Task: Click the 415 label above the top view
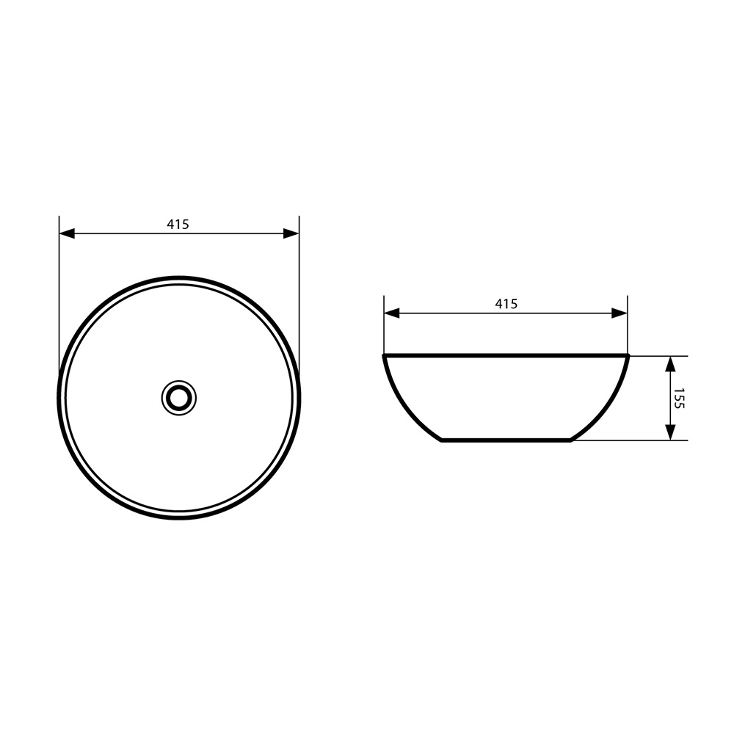[178, 225]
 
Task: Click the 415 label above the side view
[506, 305]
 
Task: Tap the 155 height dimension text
[680, 399]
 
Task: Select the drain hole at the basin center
[179, 398]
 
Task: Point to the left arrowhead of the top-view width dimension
[67, 233]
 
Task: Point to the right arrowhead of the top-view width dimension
[291, 233]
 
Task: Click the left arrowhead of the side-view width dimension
[392, 313]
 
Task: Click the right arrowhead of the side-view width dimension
[619, 313]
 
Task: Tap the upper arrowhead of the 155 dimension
[670, 364]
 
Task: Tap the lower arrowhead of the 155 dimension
[670, 432]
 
